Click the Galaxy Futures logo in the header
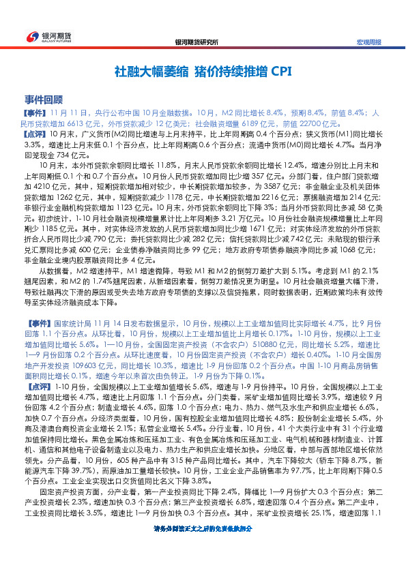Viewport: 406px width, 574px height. pyautogui.click(x=42, y=37)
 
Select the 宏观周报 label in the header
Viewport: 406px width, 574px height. pyautogui.click(x=369, y=42)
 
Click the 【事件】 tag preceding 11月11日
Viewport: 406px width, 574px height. pyautogui.click(x=35, y=111)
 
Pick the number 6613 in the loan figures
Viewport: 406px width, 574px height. pyautogui.click(x=76, y=123)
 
